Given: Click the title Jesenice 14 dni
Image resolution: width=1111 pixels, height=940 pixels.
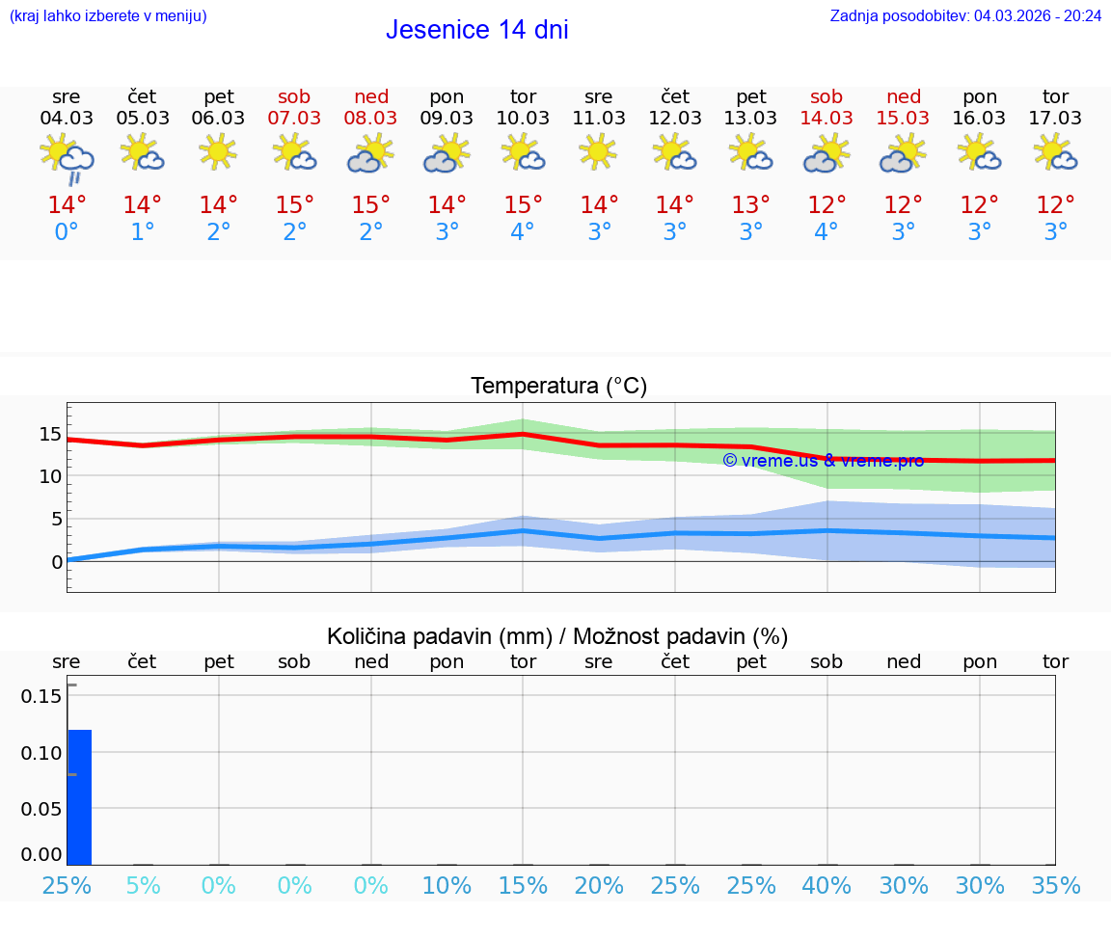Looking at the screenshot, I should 476,30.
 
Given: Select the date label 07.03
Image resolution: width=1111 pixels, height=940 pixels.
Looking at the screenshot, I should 294,119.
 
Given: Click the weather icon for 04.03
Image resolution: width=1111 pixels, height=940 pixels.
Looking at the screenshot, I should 67,157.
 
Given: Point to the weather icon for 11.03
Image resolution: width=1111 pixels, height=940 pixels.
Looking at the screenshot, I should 599,152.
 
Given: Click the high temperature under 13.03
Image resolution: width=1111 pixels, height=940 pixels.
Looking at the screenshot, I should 750,205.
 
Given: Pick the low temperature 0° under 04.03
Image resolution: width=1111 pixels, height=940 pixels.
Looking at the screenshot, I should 67,232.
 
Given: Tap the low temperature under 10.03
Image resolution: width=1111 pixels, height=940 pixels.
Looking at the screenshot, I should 523,232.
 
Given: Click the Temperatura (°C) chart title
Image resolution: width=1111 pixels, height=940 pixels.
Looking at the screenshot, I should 558,387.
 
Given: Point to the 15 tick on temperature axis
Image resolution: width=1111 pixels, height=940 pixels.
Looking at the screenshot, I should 50,434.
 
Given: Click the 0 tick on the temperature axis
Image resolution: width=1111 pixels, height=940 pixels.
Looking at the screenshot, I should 57,561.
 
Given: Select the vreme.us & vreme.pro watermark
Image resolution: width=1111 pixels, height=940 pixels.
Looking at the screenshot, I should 823,461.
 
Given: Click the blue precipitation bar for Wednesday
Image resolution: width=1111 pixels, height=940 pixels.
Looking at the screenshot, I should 79,796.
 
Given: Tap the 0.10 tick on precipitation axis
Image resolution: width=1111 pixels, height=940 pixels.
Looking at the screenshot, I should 41,753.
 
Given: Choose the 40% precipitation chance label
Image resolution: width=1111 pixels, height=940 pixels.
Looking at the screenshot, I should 826,885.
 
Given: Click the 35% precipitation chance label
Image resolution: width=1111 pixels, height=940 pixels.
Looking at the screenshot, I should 1055,885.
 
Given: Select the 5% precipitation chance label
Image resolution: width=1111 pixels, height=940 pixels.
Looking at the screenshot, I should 143,885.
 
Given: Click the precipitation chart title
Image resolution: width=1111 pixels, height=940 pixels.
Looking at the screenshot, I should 557,636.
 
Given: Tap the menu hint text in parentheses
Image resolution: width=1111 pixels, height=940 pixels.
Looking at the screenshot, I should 108,15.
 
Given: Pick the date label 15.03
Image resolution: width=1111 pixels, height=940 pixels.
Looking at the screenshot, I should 903,119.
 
